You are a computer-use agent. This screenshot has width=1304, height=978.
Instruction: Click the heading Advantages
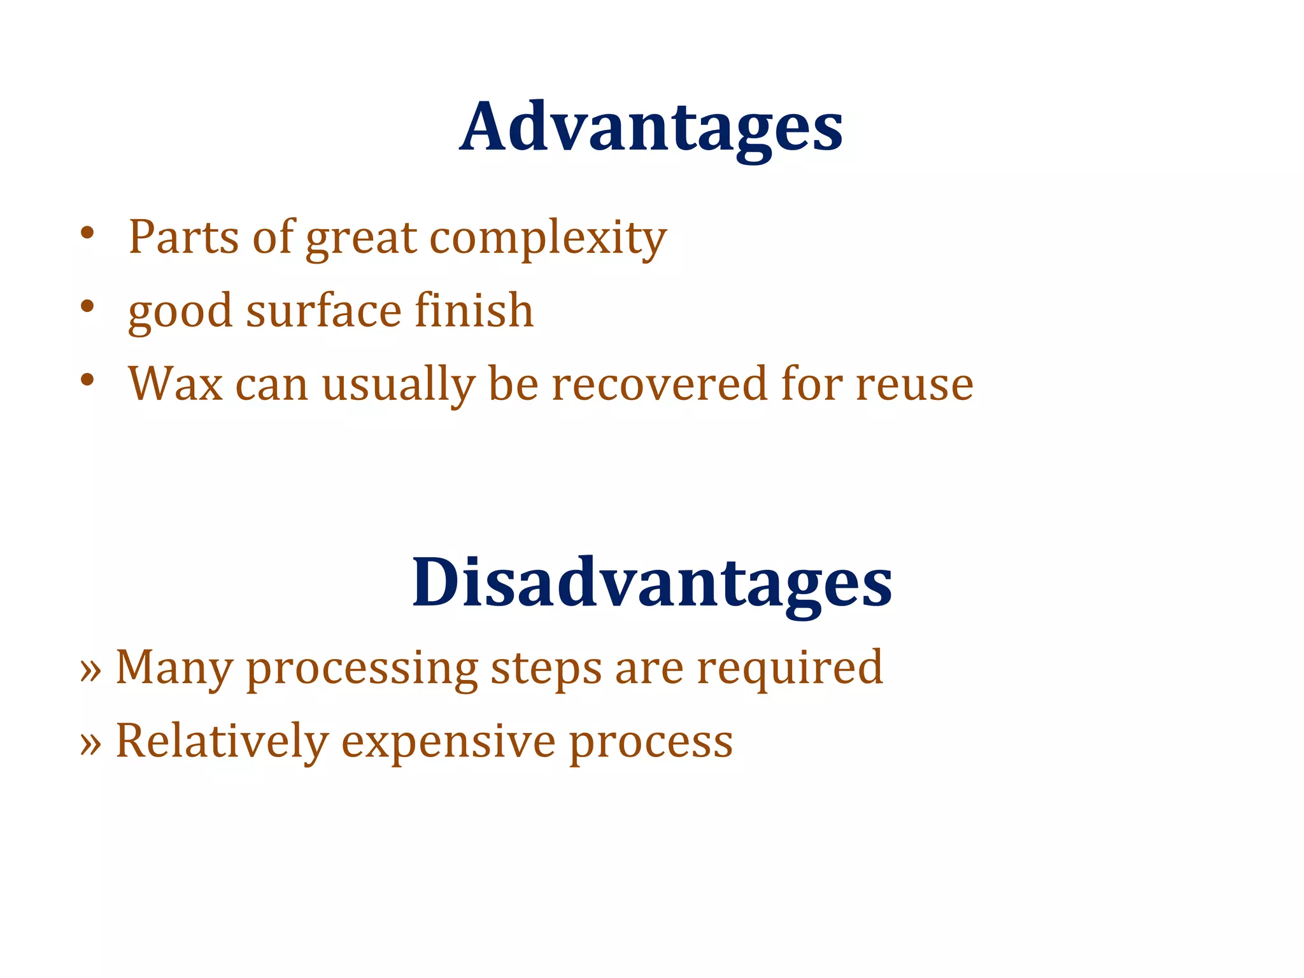pos(651,128)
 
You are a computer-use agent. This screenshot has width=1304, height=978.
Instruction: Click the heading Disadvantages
pos(651,583)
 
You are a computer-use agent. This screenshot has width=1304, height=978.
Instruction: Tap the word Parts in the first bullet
pos(184,237)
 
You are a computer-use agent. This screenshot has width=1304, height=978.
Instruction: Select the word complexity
pos(548,239)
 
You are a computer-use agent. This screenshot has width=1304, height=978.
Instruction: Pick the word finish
pos(474,310)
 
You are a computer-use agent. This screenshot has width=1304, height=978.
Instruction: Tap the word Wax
pos(175,385)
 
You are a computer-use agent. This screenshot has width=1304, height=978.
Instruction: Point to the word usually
pos(399,386)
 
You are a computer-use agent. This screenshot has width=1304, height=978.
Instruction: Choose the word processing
pos(362,670)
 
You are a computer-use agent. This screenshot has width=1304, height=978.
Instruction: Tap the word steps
pos(546,670)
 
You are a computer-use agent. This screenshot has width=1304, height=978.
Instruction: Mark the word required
pos(790,670)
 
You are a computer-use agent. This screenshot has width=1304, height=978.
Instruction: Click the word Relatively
pos(222,742)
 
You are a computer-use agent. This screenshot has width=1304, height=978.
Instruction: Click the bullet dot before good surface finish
pos(87,307)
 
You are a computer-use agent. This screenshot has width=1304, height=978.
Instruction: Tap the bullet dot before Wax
pos(87,381)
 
